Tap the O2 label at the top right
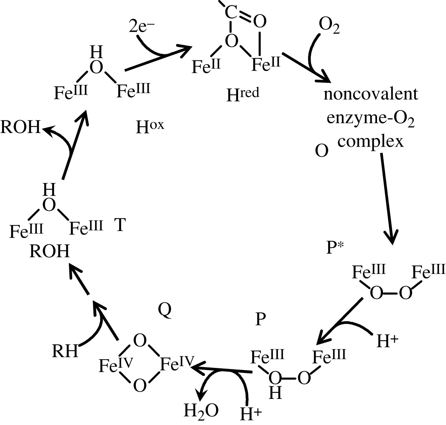click(x=329, y=27)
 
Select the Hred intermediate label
click(x=243, y=94)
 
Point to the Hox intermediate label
click(x=150, y=127)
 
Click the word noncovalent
click(x=370, y=94)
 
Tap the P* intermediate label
click(x=335, y=247)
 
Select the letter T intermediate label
click(x=120, y=225)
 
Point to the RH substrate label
click(x=65, y=351)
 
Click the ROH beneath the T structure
click(x=49, y=251)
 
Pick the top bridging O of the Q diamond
click(x=140, y=341)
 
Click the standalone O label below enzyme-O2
click(x=321, y=151)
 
